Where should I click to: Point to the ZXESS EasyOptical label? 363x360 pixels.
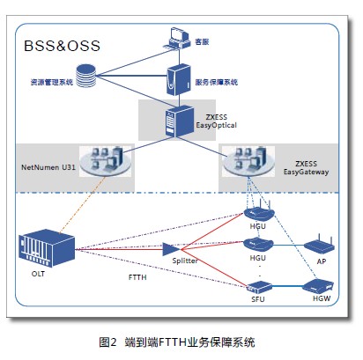[x=216, y=122]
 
